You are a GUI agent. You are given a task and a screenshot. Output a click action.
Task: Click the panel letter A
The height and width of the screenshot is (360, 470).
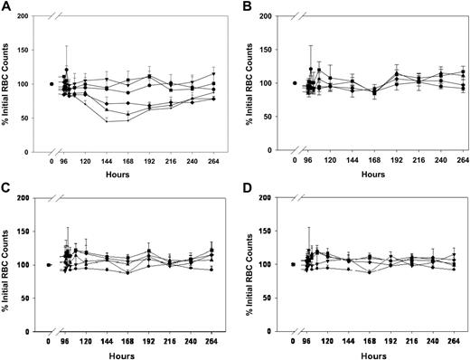[5, 6]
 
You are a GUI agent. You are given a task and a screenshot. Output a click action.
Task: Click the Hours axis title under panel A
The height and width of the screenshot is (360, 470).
[129, 173]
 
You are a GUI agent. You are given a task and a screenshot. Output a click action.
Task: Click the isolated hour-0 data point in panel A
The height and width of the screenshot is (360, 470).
[52, 83]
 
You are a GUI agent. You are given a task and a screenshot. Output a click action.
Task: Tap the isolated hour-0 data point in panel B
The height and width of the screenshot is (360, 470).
[296, 83]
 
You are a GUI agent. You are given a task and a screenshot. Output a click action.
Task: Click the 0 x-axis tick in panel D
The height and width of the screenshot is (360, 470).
[294, 342]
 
